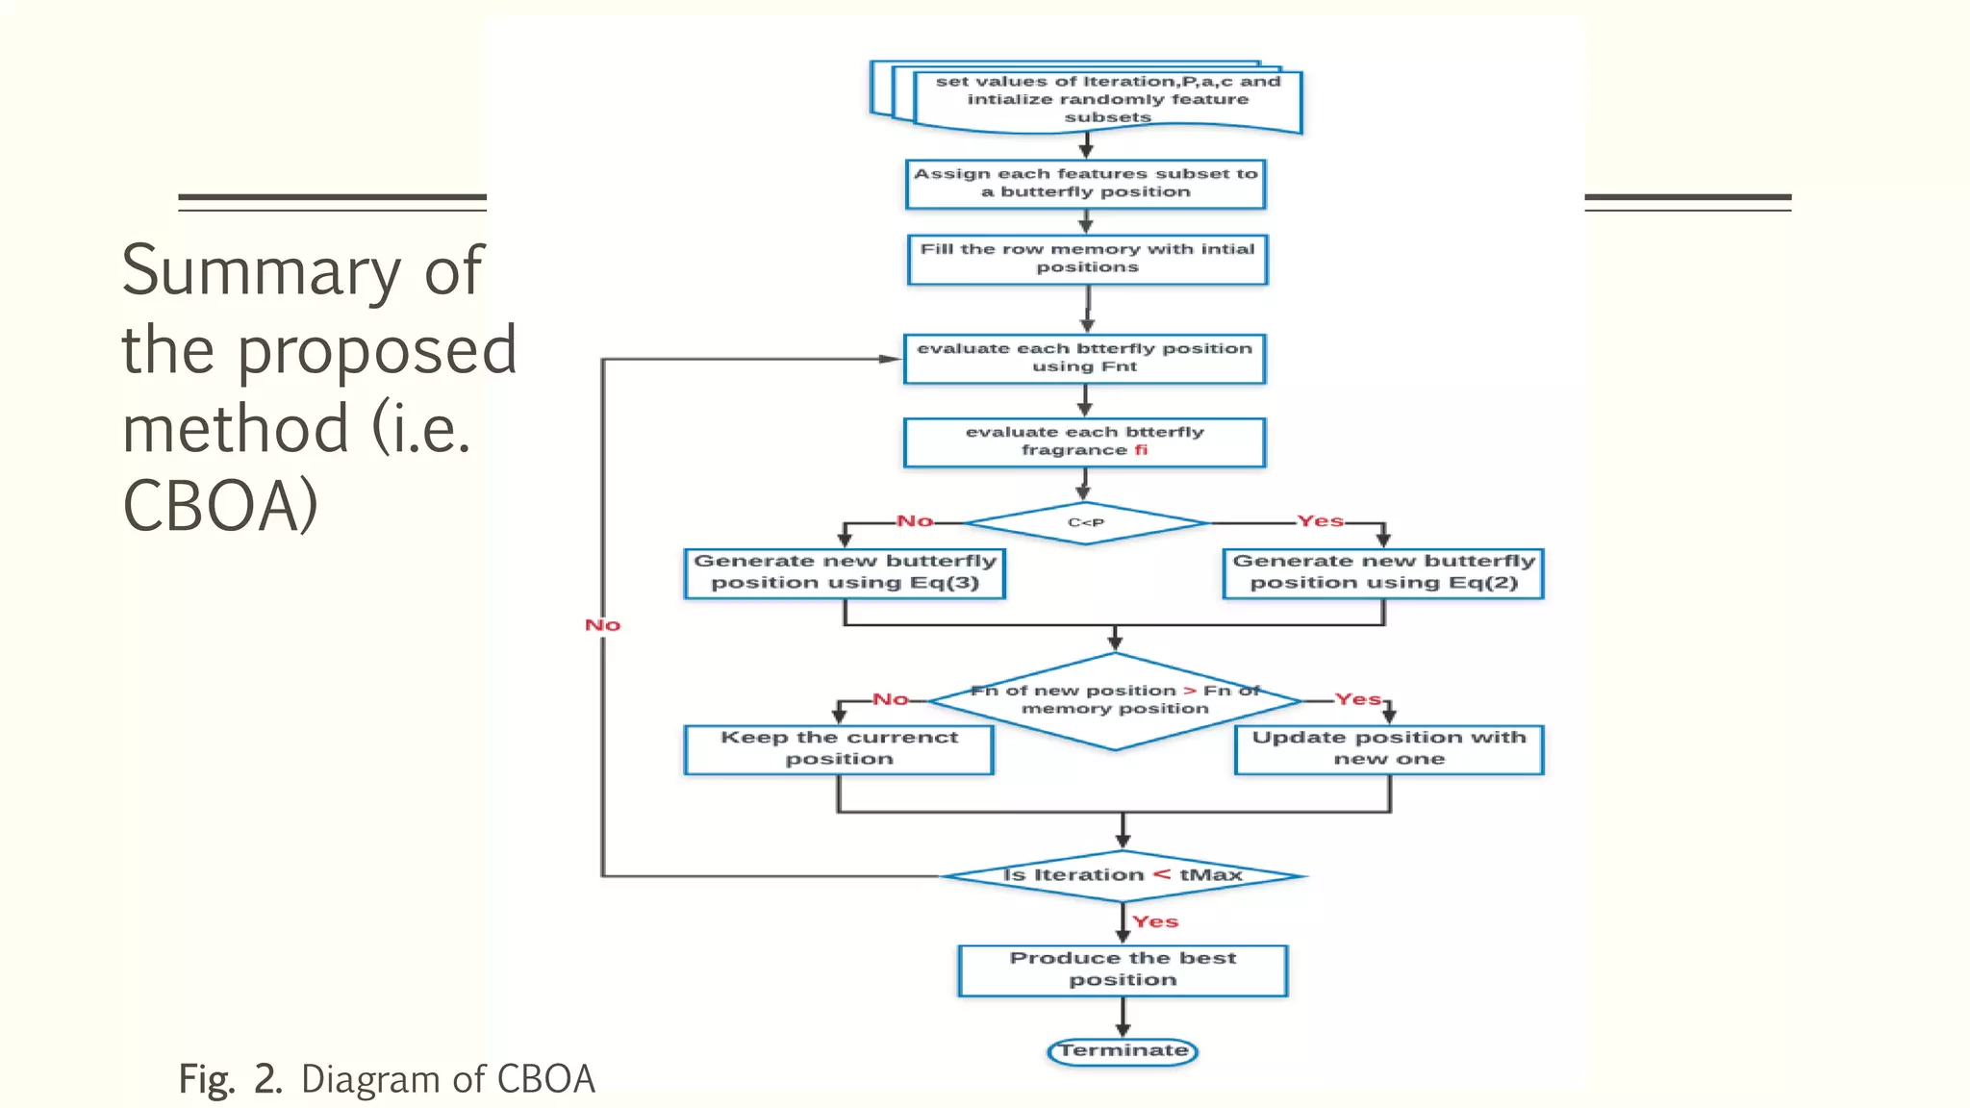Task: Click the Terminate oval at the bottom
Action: pos(1122,1050)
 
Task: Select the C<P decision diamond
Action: pos(1086,522)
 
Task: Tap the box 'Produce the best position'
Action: pos(1123,969)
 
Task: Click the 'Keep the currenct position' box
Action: pos(839,748)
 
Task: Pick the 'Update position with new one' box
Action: pos(1389,748)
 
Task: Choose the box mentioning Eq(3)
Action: pos(845,572)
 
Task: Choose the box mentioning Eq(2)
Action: pos(1383,572)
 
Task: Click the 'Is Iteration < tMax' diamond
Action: pos(1123,875)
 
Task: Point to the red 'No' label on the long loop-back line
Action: pos(603,625)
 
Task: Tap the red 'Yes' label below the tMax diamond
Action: pos(1155,921)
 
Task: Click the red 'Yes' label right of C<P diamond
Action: pos(1320,520)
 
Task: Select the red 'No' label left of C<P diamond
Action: pos(915,520)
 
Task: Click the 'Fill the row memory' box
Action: pos(1087,259)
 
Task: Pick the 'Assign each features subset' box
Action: pos(1085,183)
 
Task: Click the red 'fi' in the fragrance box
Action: pos(1141,450)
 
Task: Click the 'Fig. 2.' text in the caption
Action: pos(230,1079)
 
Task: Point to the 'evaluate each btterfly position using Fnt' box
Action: pos(1084,358)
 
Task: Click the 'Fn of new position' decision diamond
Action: pos(1115,700)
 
